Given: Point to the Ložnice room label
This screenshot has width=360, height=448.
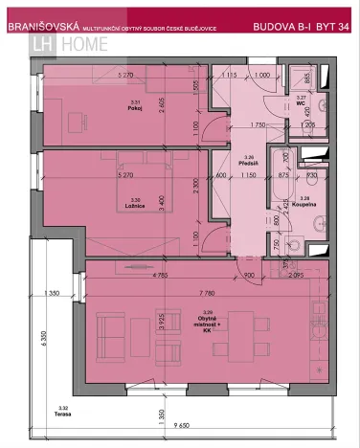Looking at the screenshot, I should (134, 204).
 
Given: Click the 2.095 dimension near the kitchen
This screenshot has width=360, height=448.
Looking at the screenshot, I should (293, 276).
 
